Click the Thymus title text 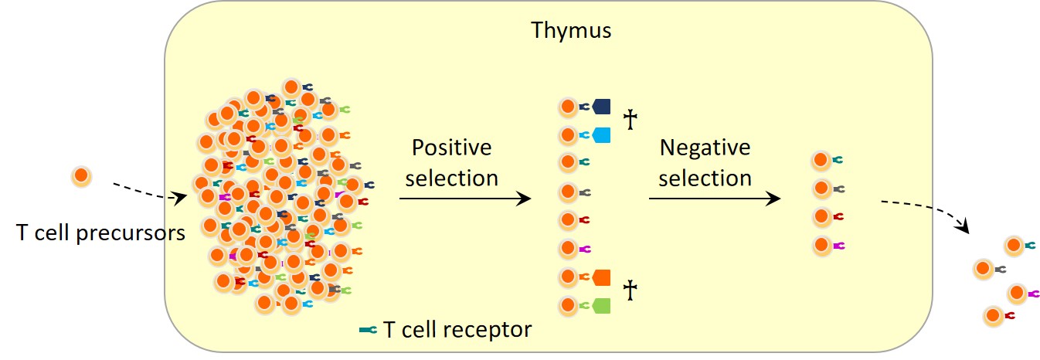coord(571,31)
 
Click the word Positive coord(452,148)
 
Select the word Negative coord(705,148)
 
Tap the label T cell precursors coord(100,233)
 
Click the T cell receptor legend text coord(457,330)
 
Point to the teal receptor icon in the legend coord(369,330)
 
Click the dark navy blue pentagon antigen coord(601,107)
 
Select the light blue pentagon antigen coord(601,135)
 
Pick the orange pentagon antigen coord(601,277)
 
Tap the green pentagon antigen coord(601,306)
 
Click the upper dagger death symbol coord(630,119)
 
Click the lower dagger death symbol coord(630,290)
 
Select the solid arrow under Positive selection coord(464,199)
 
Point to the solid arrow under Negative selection coord(715,199)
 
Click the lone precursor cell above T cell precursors coord(81,177)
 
